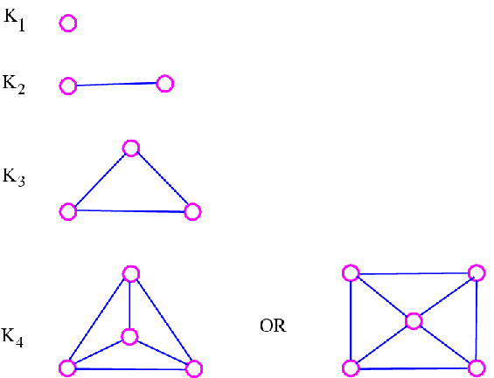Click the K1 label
coord(14,20)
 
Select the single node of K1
coord(68,24)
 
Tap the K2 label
coord(13,85)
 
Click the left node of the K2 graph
coord(68,86)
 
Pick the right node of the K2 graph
coord(165,84)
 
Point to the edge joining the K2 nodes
coord(116,85)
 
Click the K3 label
coord(14,178)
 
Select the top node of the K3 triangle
coord(131,148)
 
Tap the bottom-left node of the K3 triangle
coord(68,211)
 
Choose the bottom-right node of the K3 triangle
coord(192,211)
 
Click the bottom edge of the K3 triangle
coord(130,211)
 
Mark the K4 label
coord(12,338)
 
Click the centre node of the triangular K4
coord(129,337)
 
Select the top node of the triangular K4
coord(131,274)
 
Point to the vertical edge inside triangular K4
coord(129,305)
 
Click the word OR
coord(273,326)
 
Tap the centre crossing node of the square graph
coord(414,321)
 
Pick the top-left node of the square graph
coord(351,273)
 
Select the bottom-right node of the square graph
coord(477,368)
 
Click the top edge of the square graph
coord(414,273)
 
